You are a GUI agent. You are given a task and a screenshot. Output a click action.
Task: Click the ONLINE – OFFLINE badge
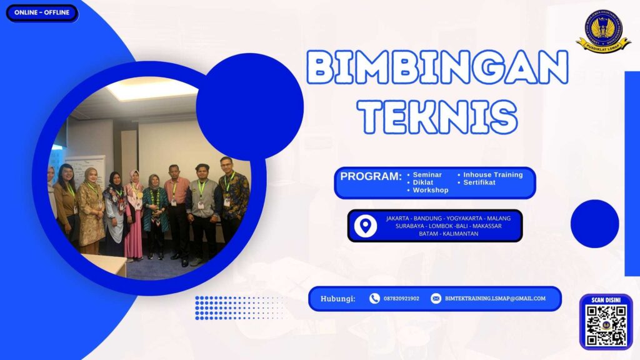coord(42,12)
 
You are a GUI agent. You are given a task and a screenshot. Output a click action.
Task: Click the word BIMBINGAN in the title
coord(437,68)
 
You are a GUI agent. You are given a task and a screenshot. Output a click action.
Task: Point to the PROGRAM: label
coord(371,176)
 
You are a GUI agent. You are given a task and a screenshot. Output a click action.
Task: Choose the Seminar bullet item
coord(427,175)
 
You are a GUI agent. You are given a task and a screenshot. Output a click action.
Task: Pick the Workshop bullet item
coord(431,190)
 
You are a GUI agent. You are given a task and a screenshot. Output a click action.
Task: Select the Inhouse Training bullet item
coord(492,175)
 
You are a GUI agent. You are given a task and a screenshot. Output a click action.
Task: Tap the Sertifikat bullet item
coord(479,182)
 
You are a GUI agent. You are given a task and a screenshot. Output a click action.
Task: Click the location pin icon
coord(366,226)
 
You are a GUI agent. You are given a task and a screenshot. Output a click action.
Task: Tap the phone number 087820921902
coord(401,299)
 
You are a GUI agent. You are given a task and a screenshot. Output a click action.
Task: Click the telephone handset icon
coord(374,299)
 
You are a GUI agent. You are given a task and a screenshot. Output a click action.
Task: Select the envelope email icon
coord(436,299)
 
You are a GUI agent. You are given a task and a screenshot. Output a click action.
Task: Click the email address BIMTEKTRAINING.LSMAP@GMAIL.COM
coord(495,299)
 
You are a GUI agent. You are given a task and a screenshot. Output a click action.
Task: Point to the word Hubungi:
coord(337,299)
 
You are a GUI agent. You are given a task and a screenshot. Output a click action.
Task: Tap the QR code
coord(606,326)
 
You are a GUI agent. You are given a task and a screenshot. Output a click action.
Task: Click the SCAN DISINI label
coord(606,301)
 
